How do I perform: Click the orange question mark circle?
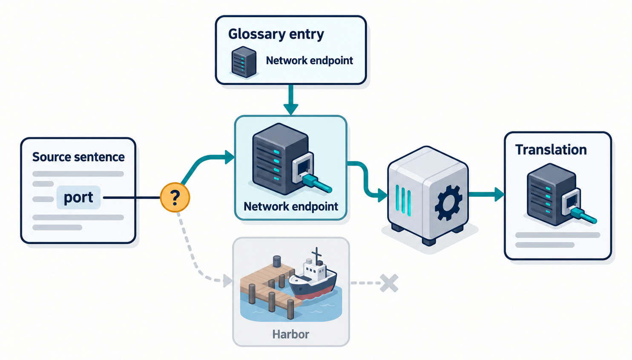175,197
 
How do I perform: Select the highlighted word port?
78,197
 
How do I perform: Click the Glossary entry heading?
276,34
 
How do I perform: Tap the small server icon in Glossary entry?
244,62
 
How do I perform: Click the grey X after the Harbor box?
389,283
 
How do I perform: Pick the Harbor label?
290,334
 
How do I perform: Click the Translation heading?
551,150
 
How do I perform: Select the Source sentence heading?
78,157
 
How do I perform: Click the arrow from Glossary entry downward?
291,100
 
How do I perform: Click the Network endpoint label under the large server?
291,207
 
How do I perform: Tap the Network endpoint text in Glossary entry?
310,60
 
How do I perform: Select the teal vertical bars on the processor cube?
403,199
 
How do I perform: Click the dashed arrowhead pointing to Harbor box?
227,280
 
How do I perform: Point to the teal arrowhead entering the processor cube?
383,195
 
